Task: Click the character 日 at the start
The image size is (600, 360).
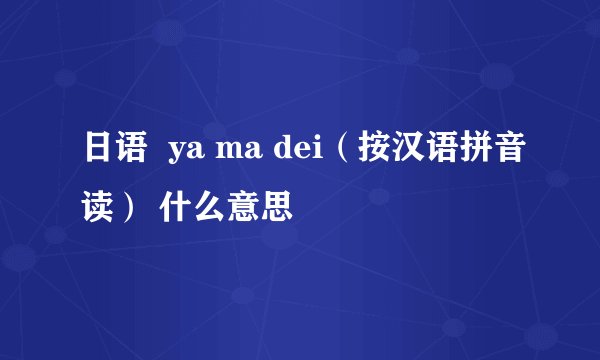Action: click(98, 156)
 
